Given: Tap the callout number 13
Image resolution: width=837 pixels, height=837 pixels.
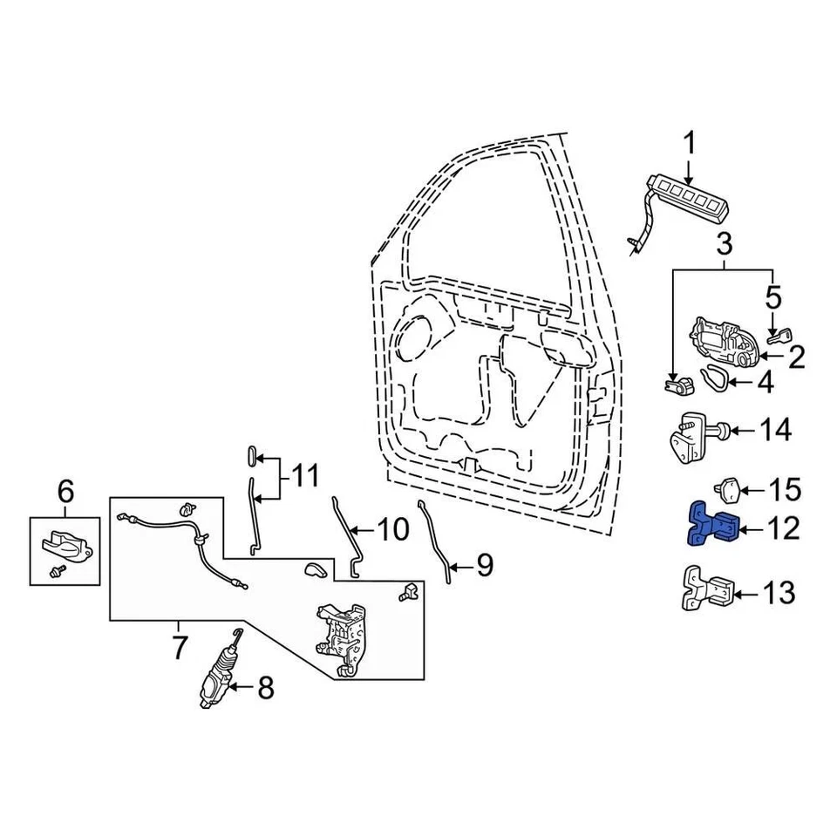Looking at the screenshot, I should tap(779, 595).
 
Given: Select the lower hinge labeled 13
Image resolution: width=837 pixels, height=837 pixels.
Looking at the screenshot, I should tap(708, 592).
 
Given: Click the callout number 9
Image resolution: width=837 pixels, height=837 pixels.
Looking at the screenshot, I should tap(484, 566).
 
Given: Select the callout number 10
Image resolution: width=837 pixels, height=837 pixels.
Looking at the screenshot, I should tap(391, 529).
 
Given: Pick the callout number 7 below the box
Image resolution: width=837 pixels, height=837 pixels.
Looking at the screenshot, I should tap(179, 648).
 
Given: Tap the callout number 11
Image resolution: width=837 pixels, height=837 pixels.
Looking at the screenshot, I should tap(304, 477).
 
